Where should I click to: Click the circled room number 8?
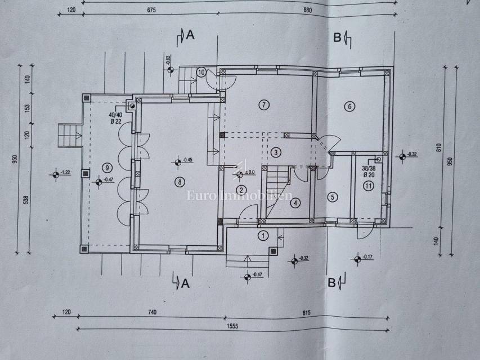[x=179, y=182]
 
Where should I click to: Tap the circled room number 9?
[x=106, y=166]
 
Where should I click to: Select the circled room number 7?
[x=262, y=103]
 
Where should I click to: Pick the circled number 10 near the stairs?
[x=201, y=72]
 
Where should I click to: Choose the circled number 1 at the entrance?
[x=263, y=235]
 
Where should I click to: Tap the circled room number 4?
[x=295, y=203]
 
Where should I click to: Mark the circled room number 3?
[x=275, y=152]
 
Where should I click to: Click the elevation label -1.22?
[x=65, y=172]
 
